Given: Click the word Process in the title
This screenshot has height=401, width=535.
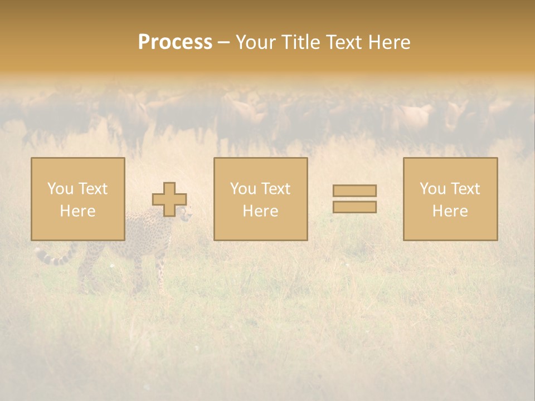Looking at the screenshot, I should coord(175,42).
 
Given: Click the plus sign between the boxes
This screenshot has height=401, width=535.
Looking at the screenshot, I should coord(169,199).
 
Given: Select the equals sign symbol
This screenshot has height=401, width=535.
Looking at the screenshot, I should coord(354,199).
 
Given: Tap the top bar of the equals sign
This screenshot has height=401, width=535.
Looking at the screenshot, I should coord(354,191).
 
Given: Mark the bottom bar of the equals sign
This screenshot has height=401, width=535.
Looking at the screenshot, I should coord(354,207).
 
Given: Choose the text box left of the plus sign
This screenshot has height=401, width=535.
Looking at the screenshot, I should coord(78,199).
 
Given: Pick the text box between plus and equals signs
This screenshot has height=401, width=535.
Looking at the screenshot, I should coord(260,199).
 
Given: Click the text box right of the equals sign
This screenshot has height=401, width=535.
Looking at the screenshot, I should coord(450,199).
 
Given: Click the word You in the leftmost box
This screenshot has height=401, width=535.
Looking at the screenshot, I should coord(59,189).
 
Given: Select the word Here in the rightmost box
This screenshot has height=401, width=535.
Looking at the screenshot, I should coord(450,211).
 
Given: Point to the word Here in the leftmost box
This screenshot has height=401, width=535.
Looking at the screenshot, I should coord(77,211).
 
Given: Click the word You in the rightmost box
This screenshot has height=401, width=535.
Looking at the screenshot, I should coord(432,189).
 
